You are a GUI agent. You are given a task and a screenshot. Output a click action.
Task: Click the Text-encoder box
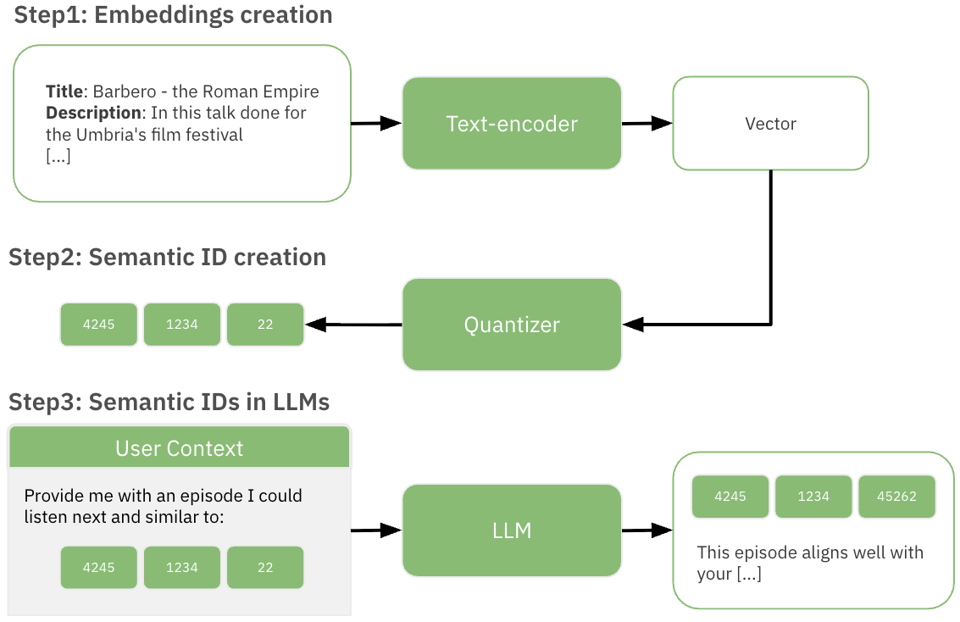coord(512,124)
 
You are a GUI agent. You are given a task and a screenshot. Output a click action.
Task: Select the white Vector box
coord(770,124)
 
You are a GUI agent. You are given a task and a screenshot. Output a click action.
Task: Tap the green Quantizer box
coord(512,325)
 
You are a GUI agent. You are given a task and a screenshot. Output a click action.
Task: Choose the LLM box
coord(512,530)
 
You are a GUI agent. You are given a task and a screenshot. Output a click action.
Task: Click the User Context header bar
coord(179,447)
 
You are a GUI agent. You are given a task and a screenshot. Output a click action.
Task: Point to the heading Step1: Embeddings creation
coord(173,15)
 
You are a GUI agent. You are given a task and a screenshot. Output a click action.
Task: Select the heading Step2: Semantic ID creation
coord(168,257)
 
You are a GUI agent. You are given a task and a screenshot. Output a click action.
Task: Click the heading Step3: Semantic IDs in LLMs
coord(169,401)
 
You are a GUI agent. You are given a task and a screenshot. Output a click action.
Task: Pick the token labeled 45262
coord(896,497)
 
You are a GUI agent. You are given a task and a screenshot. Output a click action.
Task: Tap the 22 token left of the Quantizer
coord(265,325)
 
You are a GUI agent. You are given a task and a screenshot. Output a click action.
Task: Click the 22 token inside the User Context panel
coord(265,568)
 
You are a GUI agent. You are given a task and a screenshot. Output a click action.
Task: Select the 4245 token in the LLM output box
coord(730,497)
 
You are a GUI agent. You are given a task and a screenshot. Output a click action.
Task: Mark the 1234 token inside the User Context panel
coord(182,568)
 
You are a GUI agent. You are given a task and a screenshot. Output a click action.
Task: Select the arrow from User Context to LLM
coord(376,530)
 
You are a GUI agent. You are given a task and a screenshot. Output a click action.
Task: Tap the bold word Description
coord(92,113)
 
